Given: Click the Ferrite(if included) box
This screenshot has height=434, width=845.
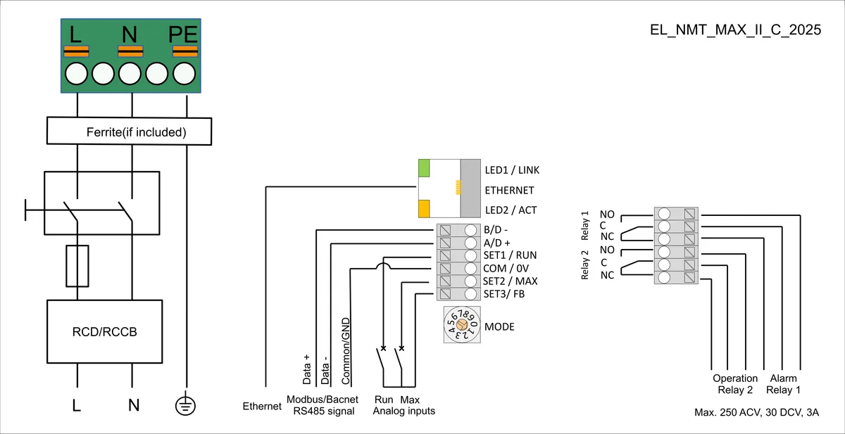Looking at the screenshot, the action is [129, 131].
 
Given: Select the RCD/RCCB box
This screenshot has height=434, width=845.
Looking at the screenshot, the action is [104, 331].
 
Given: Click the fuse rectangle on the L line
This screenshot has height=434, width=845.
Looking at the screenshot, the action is [77, 266].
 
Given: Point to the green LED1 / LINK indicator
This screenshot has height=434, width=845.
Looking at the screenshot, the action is [424, 168].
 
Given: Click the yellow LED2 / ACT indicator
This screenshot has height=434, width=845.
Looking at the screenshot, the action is [424, 209].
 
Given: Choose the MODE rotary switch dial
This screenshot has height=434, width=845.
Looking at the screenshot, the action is [462, 324].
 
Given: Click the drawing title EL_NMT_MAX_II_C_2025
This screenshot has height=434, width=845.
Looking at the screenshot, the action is [735, 30].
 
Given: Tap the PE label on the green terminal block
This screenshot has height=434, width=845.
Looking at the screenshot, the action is [183, 34].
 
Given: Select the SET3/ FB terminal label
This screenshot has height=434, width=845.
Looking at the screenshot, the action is [504, 294].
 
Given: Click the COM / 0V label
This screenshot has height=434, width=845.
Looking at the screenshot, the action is [506, 268].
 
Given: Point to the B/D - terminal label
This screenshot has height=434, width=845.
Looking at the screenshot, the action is [496, 229].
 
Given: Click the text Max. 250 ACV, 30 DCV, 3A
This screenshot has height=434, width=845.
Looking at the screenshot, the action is [757, 412].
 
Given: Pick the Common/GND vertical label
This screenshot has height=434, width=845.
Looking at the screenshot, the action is [346, 351].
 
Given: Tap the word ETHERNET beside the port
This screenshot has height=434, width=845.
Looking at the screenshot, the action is [509, 190].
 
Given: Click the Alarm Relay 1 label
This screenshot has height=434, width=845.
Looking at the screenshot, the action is [783, 384].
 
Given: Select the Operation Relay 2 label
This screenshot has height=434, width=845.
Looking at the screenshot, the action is [735, 384].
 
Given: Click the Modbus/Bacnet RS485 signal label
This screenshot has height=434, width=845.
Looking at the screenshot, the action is [323, 405].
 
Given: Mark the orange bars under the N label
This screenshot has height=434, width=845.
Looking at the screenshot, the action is [130, 51].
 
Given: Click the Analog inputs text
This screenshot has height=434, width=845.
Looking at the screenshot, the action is [403, 411].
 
